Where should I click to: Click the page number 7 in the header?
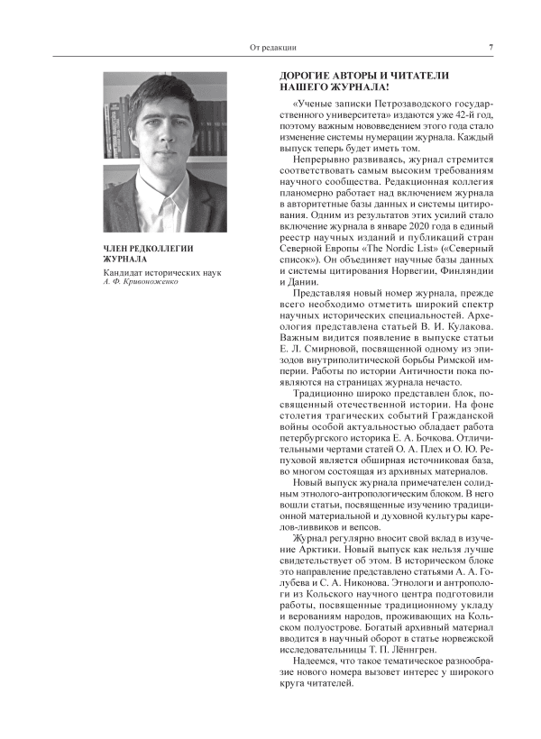pyautogui.click(x=491, y=47)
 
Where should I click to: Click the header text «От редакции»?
pyautogui.click(x=272, y=47)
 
